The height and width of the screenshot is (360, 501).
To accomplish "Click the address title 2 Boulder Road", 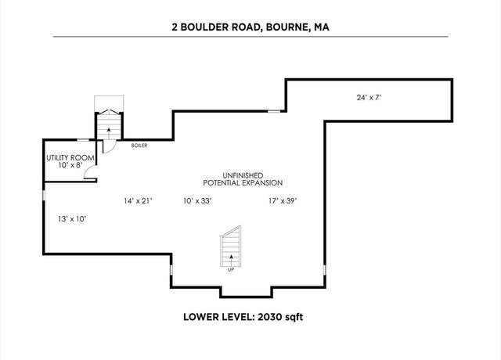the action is tap(215, 27).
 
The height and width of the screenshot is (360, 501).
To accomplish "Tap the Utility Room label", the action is tap(70, 158).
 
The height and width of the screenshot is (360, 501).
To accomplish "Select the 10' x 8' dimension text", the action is tap(70, 165).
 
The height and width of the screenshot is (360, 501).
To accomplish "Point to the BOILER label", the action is tap(139, 146).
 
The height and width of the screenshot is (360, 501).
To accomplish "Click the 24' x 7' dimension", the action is tap(369, 97).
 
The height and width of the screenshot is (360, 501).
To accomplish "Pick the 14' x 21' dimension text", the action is tap(138, 200).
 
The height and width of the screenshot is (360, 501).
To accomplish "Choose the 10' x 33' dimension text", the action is tap(198, 200).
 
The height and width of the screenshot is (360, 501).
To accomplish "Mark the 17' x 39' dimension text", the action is tap(283, 200).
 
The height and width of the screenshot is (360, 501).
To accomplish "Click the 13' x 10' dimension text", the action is tap(72, 219).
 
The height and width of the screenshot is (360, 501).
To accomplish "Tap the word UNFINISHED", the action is tap(243, 175).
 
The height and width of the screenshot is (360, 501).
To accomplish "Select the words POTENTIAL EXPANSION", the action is tap(243, 183).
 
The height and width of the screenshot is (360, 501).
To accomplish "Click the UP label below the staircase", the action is tap(231, 269).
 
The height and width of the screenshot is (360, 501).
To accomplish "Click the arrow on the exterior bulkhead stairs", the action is tap(109, 133).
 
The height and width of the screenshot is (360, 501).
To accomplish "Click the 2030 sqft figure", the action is tap(280, 317).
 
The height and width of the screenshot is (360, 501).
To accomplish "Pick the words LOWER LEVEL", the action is tap(218, 317).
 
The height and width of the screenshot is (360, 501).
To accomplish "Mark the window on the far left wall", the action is tap(44, 196).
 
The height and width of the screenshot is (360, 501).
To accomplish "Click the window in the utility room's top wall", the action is tap(84, 140).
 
